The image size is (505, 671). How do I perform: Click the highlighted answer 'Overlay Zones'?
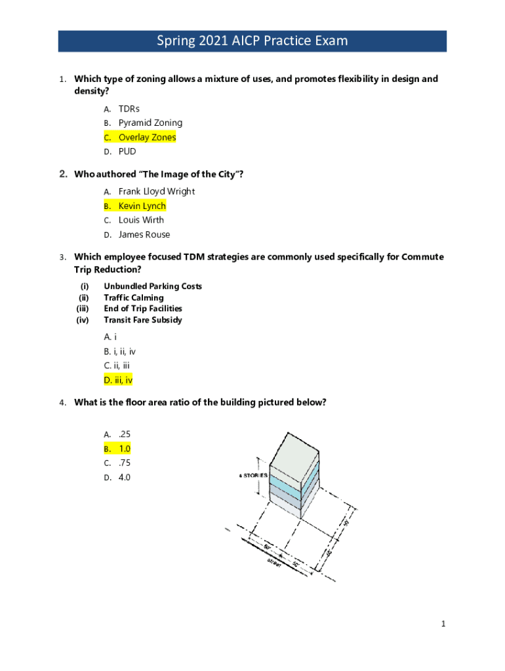tap(147, 137)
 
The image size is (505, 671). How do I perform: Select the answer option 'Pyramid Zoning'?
tap(150, 123)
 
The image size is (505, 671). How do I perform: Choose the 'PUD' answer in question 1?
tap(127, 151)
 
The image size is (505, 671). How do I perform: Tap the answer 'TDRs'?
tap(129, 108)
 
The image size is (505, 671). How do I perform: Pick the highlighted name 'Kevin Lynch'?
tap(142, 206)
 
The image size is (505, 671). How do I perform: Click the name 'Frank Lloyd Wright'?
tap(156, 191)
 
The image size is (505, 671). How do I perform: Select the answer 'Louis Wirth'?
tap(141, 220)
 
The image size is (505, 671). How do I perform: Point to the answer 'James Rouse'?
tap(144, 235)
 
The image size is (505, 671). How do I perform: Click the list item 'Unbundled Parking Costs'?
tap(152, 286)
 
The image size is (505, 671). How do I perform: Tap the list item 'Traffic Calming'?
tap(134, 297)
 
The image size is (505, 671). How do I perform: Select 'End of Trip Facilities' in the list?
tap(143, 309)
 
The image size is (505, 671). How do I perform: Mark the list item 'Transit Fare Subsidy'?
tap(143, 320)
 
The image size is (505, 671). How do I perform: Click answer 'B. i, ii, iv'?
tap(119, 351)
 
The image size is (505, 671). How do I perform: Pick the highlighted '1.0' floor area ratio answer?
tap(125, 449)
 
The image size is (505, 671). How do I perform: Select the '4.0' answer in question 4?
tap(125, 478)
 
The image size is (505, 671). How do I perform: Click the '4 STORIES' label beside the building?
tap(253, 475)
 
